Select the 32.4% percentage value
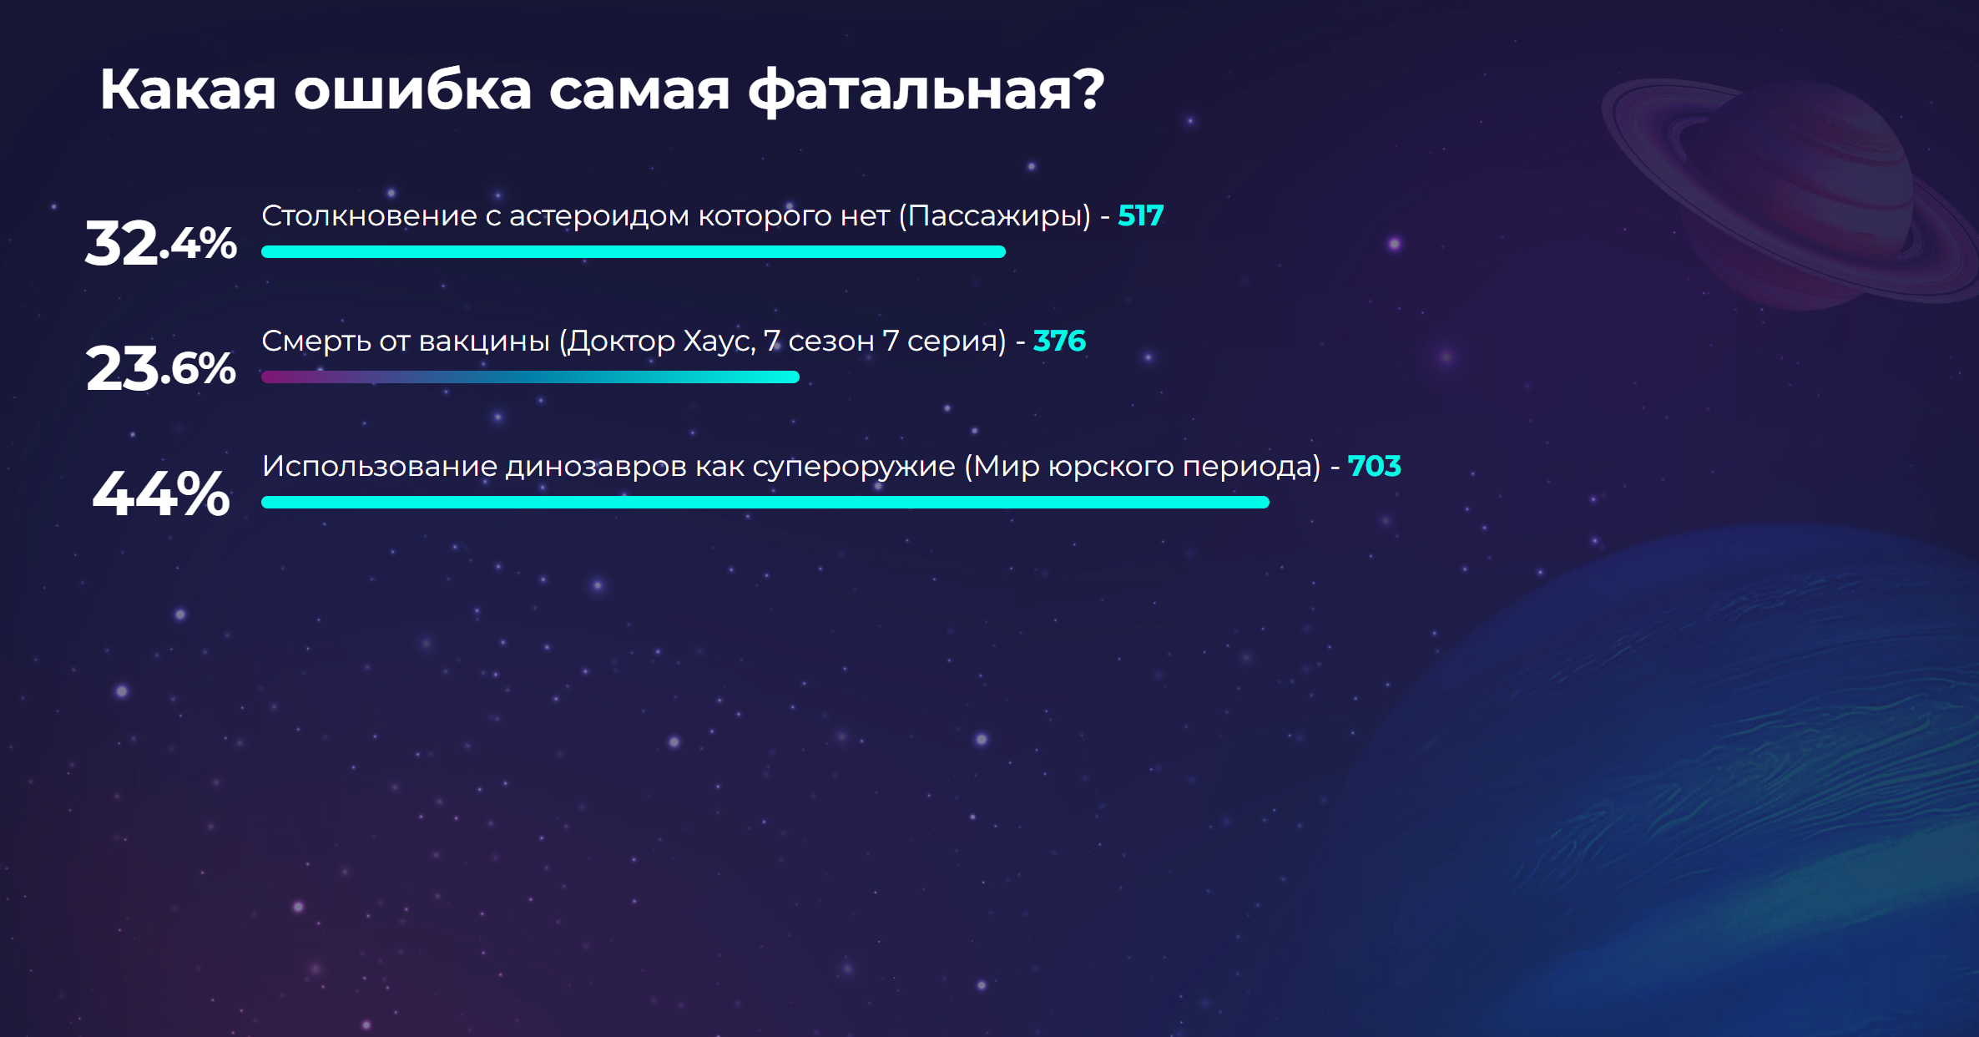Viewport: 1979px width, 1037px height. point(160,243)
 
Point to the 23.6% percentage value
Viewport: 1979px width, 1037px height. point(160,368)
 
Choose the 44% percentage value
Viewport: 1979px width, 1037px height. point(160,493)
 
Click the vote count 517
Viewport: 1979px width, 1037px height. point(1140,215)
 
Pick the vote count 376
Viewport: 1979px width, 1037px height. point(1059,341)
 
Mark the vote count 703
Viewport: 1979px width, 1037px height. point(1374,466)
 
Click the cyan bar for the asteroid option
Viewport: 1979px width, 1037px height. point(634,251)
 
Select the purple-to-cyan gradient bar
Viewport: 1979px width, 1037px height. point(530,377)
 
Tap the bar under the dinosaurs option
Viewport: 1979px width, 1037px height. point(765,502)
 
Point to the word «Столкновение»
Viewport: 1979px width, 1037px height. point(370,215)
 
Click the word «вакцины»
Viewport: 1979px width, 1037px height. point(484,341)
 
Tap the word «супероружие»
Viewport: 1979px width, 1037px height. point(854,467)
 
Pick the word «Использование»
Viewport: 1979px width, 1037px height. point(380,466)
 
